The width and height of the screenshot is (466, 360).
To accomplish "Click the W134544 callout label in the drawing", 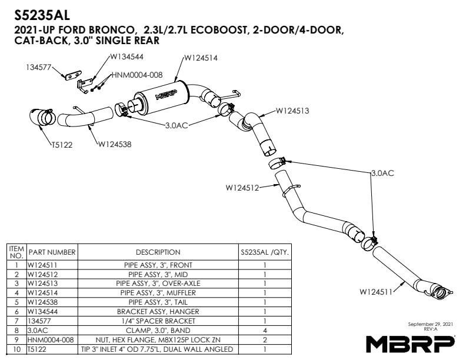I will tap(127, 56).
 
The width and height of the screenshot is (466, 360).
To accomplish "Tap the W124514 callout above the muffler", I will tap(201, 58).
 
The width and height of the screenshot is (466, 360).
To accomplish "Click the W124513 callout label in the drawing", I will tap(292, 111).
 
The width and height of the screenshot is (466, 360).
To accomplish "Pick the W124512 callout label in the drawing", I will tap(243, 188).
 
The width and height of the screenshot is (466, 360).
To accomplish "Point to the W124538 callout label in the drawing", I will tap(115, 144).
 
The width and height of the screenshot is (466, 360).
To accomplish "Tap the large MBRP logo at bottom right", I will tap(410, 342).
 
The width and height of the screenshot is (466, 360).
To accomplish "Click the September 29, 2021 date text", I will tap(430, 324).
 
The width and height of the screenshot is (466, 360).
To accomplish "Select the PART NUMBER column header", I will tap(52, 252).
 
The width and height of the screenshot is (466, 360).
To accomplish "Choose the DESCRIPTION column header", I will tap(158, 252).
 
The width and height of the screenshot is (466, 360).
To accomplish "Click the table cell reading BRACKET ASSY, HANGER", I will tap(158, 311).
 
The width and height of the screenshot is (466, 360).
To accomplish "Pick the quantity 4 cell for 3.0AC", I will tap(265, 330).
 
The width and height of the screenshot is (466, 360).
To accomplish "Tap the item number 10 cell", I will tap(17, 349).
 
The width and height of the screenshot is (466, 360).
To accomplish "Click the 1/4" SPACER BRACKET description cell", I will tap(158, 321).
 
